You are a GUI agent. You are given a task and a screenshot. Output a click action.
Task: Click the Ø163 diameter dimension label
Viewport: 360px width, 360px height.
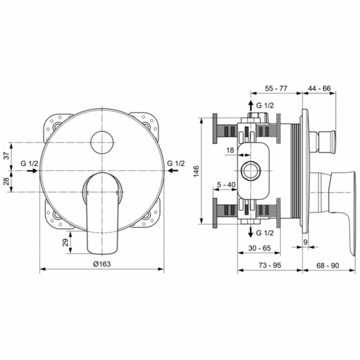(x=103, y=263)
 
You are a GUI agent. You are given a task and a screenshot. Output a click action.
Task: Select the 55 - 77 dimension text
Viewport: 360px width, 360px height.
(x=276, y=88)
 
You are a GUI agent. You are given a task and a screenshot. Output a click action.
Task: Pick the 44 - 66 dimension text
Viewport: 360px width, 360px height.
(x=319, y=88)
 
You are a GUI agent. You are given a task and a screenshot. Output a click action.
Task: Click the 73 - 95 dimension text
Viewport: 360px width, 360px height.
(x=270, y=263)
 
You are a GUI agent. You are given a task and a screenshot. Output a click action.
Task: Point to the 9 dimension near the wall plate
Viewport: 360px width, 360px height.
(x=305, y=242)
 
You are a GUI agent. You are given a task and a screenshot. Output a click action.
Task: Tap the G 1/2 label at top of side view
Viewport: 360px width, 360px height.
(x=264, y=105)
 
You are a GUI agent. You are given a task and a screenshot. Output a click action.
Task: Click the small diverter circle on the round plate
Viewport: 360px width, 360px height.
(x=101, y=142)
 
